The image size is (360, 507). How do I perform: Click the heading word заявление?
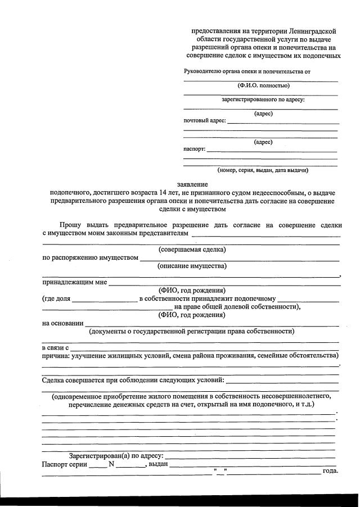pyautogui.click(x=192, y=184)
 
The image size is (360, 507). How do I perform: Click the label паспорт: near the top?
pyautogui.click(x=195, y=149)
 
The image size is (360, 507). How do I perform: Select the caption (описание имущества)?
pyautogui.click(x=192, y=265)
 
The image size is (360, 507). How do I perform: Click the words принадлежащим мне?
pyautogui.click(x=75, y=282)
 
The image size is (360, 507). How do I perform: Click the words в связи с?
pyautogui.click(x=55, y=348)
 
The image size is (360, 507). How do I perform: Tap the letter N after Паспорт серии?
pyautogui.click(x=111, y=464)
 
